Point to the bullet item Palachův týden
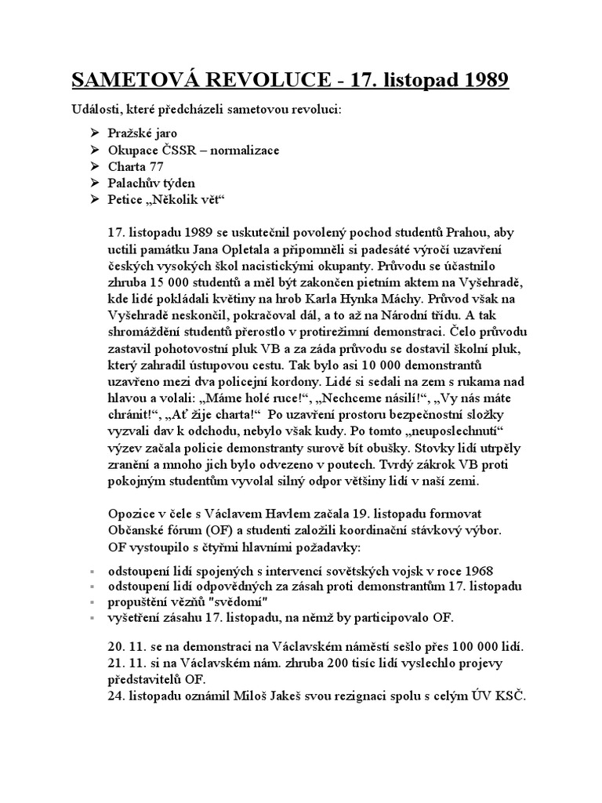pyautogui.click(x=152, y=183)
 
